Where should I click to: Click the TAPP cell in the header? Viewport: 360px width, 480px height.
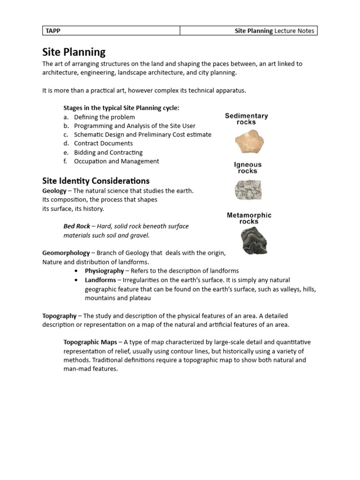111,31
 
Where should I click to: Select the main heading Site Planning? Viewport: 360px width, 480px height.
74,52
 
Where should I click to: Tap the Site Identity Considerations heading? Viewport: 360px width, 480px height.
96,180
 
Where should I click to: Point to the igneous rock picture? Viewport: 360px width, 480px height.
249,190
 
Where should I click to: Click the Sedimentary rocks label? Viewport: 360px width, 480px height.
246,119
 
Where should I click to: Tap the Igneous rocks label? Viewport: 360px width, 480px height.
247,168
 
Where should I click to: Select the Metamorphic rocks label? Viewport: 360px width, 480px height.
249,218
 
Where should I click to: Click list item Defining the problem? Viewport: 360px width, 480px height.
104,117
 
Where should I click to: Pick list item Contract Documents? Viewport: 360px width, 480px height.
103,143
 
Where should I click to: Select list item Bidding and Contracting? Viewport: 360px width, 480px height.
108,152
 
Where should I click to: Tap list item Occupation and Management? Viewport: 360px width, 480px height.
116,161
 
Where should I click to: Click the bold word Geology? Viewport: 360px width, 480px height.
54,191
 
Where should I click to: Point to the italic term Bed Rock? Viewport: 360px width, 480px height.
76,226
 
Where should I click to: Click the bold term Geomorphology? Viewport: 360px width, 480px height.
66,253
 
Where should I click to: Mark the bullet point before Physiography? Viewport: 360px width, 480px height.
76,271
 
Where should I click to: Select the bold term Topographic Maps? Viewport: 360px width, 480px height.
90,342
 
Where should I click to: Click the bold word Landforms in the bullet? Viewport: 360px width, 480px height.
100,280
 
